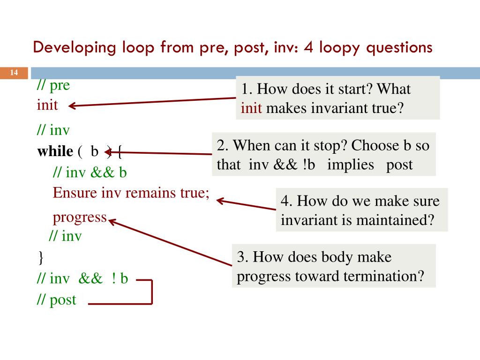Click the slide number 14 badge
click(14, 73)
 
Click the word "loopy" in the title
click(337, 47)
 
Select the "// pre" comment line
click(53, 86)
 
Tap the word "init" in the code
click(47, 105)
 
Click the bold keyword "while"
click(55, 151)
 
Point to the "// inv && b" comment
click(90, 172)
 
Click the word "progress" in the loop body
click(80, 217)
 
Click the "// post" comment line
click(56, 300)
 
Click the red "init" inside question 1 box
click(252, 108)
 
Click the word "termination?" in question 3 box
click(383, 276)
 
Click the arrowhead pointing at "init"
click(72, 106)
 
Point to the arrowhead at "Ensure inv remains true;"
click(219, 201)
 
